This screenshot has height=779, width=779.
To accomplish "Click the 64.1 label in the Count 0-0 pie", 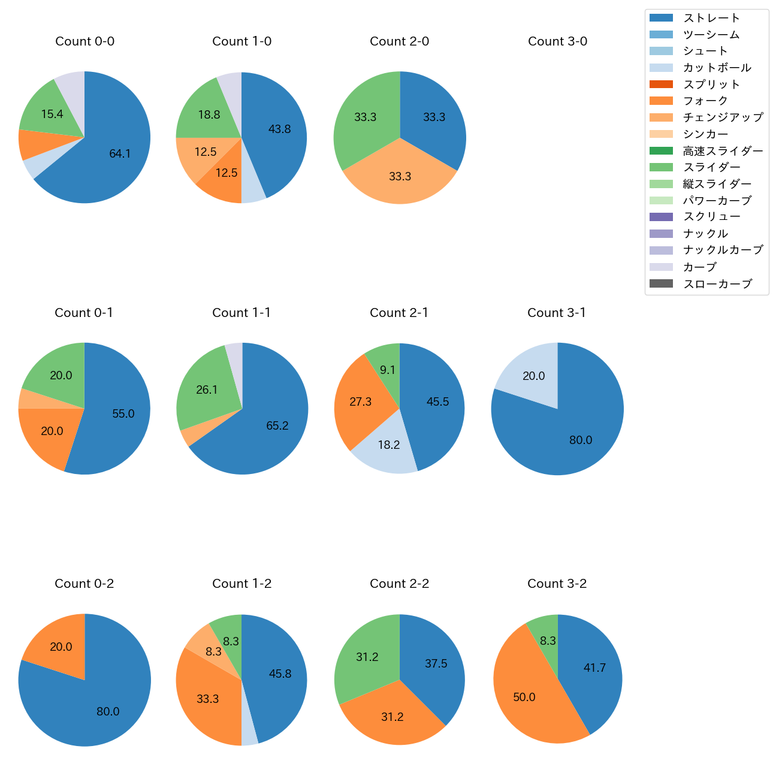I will (120, 154).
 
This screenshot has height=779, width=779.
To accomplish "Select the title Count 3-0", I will (557, 41).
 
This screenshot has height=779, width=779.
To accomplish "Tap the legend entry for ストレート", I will (711, 18).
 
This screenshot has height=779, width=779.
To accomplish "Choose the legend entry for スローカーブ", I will (717, 284).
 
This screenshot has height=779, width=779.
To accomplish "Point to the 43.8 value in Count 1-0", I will (280, 129).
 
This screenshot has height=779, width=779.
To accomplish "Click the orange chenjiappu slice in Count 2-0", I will (400, 177).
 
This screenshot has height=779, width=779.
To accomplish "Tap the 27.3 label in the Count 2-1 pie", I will (361, 402).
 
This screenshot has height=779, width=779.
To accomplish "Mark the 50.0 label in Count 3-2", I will (524, 698).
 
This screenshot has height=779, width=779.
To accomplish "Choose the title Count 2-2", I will (400, 584).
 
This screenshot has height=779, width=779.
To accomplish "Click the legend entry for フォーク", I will (705, 101).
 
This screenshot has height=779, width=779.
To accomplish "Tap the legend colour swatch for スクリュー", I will (662, 217).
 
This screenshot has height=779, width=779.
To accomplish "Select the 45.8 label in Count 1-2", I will (280, 674).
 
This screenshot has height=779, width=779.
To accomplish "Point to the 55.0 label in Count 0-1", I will (123, 414).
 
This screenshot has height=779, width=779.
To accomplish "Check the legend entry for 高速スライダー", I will (723, 151).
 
